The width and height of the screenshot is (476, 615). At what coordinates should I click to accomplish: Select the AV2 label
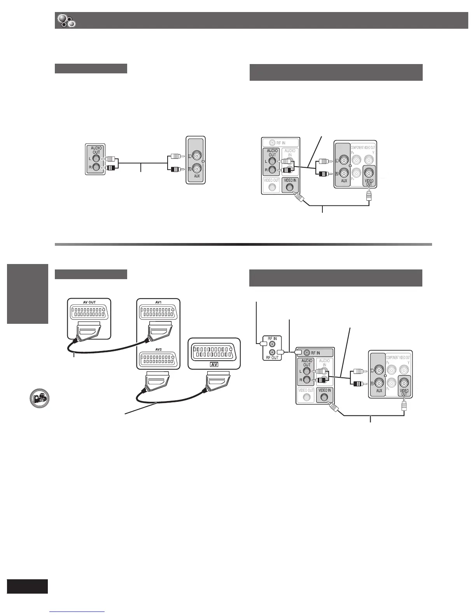[158, 349]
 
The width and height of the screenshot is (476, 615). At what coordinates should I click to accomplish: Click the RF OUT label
[272, 358]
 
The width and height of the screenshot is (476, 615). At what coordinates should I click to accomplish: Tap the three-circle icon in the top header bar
[66, 21]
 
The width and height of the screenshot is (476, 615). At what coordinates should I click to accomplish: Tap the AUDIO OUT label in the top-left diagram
[96, 150]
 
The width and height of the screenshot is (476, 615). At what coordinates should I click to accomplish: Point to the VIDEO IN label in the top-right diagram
[290, 180]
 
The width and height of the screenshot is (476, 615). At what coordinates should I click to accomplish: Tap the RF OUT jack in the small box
[272, 352]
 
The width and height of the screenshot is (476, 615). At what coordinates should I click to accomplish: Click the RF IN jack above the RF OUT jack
[272, 344]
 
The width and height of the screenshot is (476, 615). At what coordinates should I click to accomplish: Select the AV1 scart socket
[158, 314]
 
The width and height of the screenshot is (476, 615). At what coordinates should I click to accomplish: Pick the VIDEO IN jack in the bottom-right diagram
[325, 397]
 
